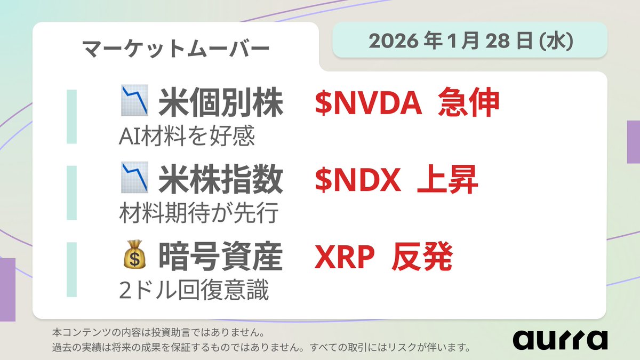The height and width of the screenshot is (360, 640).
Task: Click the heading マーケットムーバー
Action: [x=176, y=50]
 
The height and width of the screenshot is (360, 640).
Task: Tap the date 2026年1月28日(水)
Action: [x=470, y=41]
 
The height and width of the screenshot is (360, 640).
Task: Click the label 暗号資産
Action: [x=220, y=258]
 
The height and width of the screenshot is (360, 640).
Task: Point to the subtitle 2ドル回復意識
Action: [x=193, y=291]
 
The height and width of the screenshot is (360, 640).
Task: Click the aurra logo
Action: [x=560, y=340]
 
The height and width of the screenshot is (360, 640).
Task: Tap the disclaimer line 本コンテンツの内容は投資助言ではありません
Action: [x=158, y=333]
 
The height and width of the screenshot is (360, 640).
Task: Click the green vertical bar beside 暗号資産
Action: [x=71, y=269]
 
